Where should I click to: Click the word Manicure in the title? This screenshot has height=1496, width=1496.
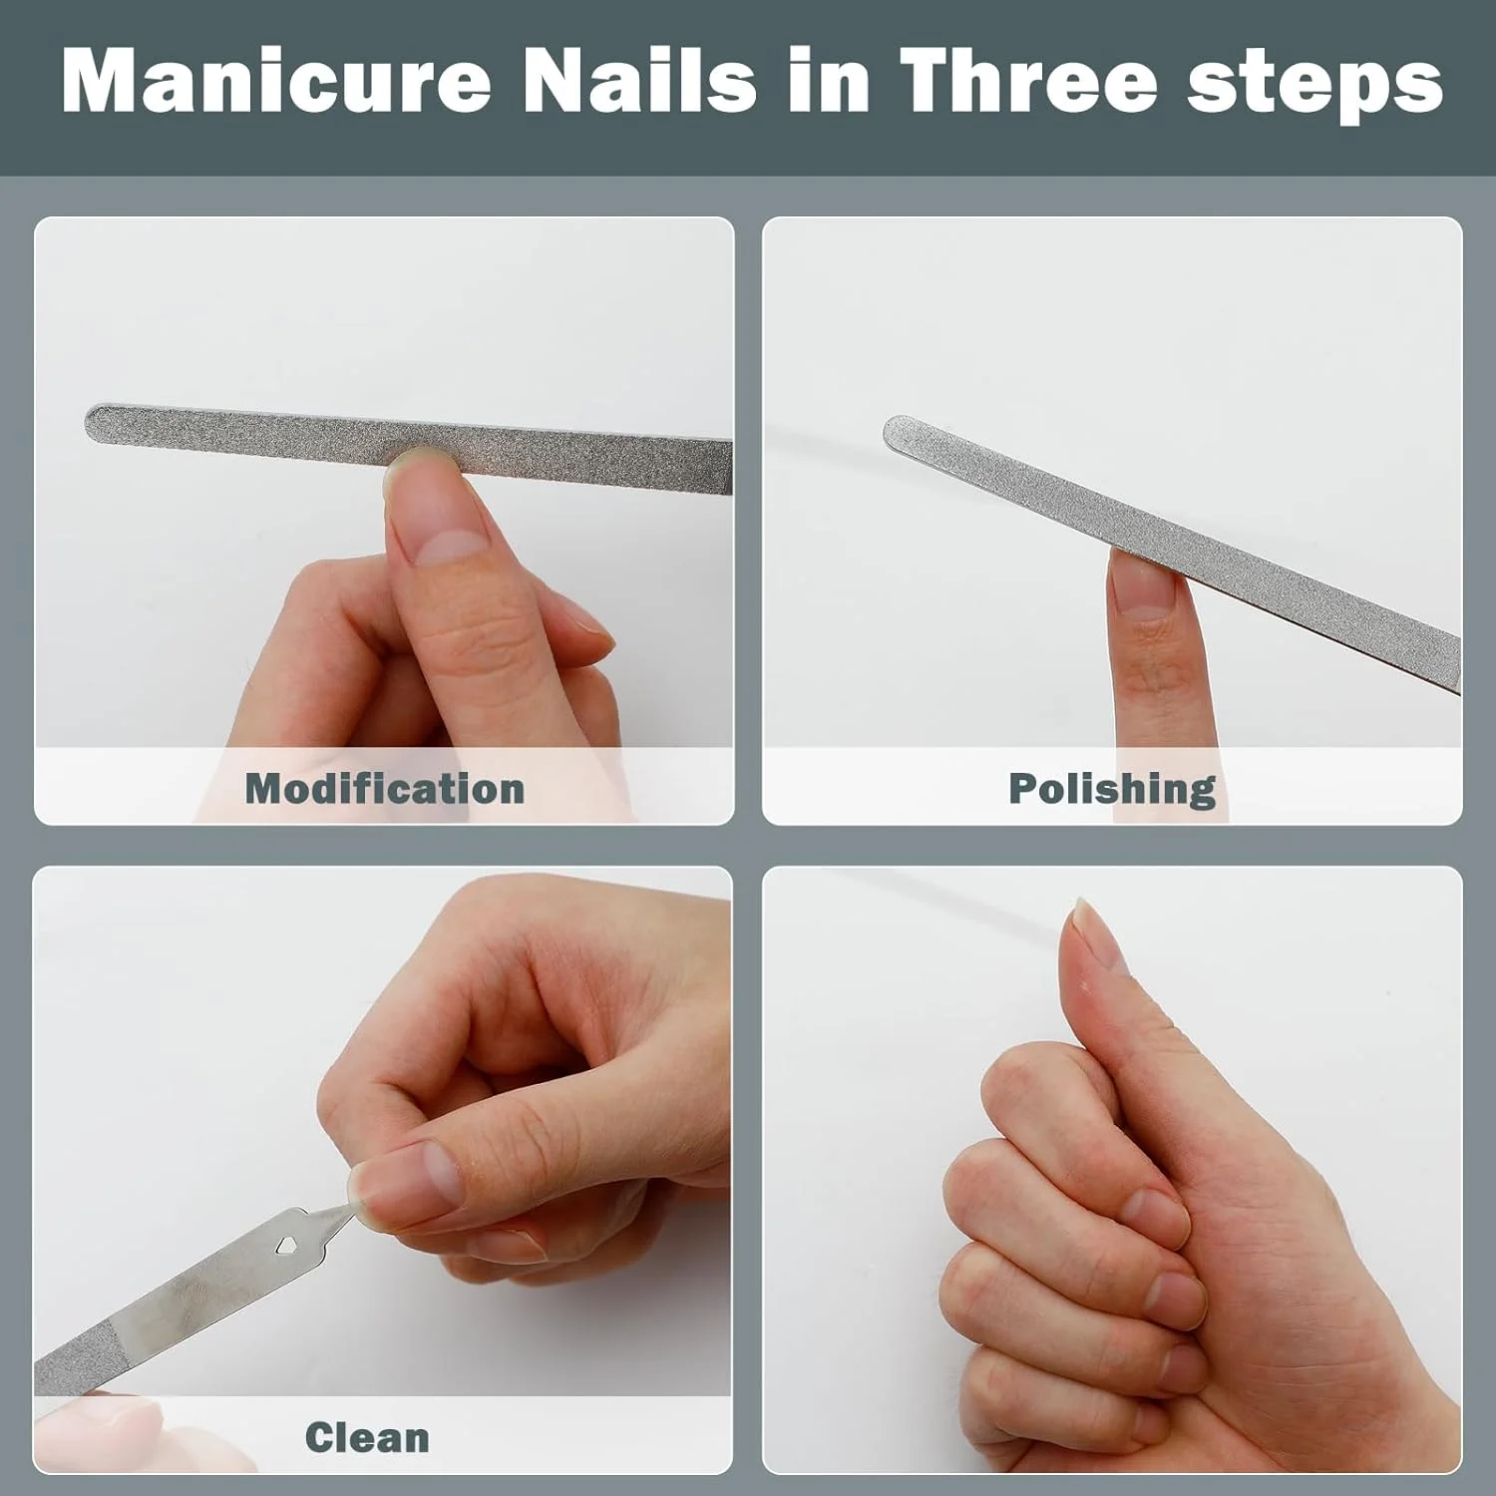tap(276, 81)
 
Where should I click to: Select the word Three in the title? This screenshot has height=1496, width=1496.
tap(1028, 81)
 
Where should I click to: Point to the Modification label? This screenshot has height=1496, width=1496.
tap(385, 789)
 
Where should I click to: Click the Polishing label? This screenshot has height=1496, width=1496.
tap(1112, 789)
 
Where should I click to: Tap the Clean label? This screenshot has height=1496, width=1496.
tap(367, 1437)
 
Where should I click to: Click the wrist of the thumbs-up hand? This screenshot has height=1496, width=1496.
tap(1416, 1376)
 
